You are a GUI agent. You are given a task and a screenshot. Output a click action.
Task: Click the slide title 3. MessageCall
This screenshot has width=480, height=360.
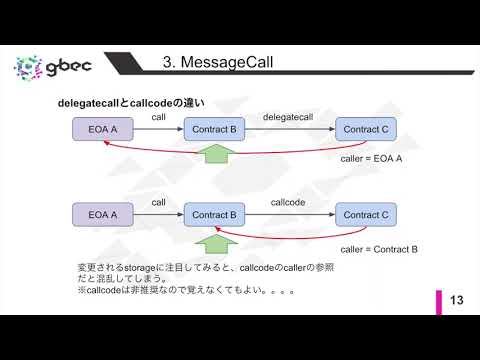(217, 64)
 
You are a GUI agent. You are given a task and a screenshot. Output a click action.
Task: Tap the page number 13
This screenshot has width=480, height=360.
(459, 301)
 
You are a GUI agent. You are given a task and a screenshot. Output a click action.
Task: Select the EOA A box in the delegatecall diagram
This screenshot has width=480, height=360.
(103, 129)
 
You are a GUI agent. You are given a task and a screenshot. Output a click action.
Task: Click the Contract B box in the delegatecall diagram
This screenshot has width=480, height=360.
(213, 129)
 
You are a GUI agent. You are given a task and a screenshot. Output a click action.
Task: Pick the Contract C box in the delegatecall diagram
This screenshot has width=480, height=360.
(363, 129)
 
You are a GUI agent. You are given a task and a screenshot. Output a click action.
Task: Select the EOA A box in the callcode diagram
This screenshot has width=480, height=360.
(103, 214)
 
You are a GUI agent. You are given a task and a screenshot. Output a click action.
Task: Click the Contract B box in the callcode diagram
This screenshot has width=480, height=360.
(213, 214)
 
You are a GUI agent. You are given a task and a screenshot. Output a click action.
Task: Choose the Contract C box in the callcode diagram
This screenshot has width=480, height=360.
(363, 214)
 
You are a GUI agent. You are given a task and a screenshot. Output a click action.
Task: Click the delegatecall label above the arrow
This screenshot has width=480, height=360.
(288, 117)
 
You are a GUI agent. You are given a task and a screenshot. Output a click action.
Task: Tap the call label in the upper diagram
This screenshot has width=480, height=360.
(158, 117)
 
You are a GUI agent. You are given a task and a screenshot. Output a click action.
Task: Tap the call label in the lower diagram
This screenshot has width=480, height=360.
(158, 202)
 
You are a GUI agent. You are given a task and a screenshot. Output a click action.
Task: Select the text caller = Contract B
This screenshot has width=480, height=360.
(378, 247)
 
